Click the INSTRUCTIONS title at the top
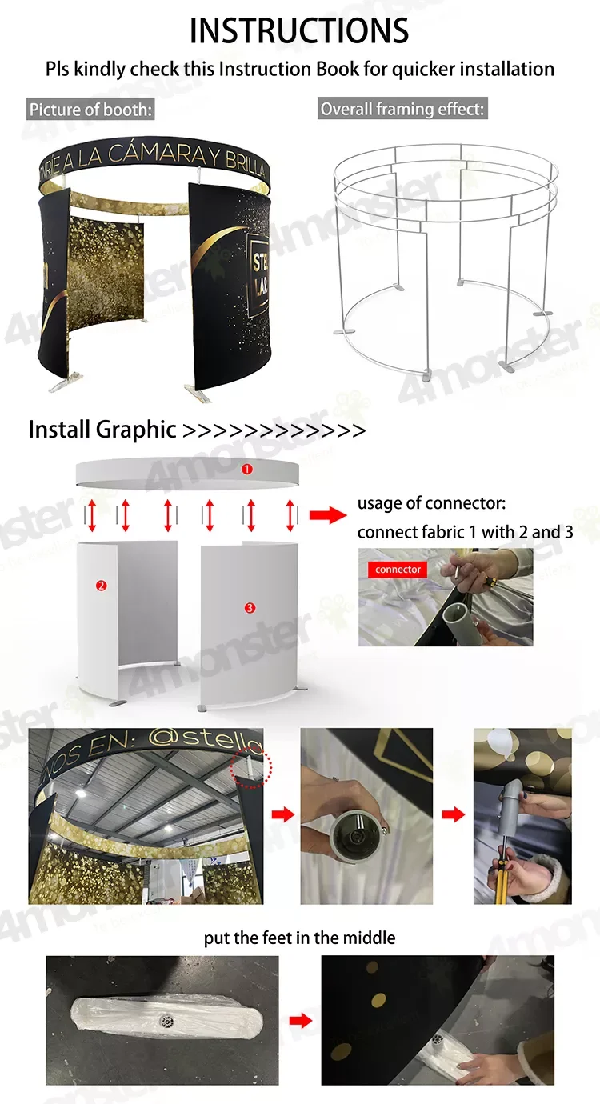(x=299, y=30)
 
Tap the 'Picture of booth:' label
(x=90, y=110)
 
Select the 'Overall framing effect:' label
(x=402, y=109)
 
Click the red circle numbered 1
(x=247, y=470)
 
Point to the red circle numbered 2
(x=101, y=585)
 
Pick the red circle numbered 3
(x=250, y=608)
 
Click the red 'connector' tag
(x=398, y=570)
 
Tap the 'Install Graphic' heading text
(x=102, y=430)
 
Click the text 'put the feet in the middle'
(x=299, y=937)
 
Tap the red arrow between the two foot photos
(x=300, y=1021)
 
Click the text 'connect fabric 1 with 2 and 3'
(x=465, y=531)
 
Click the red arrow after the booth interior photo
(x=282, y=814)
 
